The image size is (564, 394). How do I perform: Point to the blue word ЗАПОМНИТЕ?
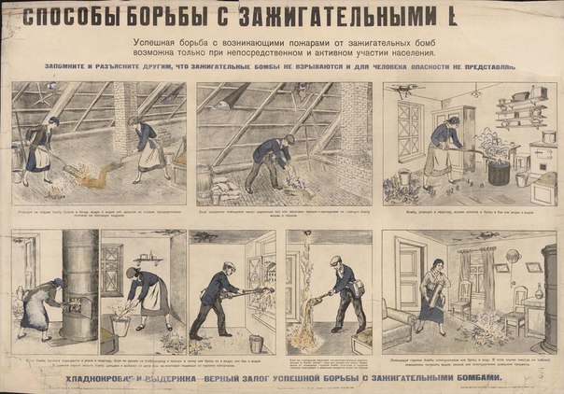74,66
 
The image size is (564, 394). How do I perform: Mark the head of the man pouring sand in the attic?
289,140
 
